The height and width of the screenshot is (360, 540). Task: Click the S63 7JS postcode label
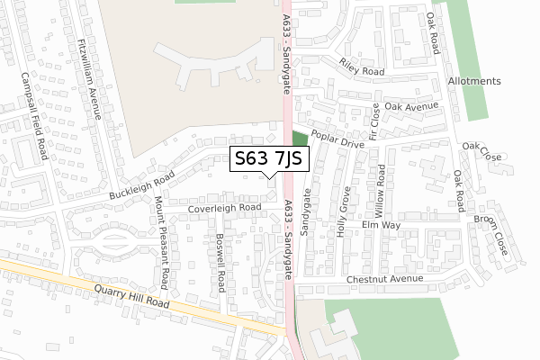(x=271, y=159)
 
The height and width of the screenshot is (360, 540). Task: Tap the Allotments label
(x=473, y=81)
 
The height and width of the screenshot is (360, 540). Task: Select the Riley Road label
(x=362, y=67)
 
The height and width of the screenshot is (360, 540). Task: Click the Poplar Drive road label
(x=337, y=139)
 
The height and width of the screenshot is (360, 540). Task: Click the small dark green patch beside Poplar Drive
(x=300, y=142)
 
